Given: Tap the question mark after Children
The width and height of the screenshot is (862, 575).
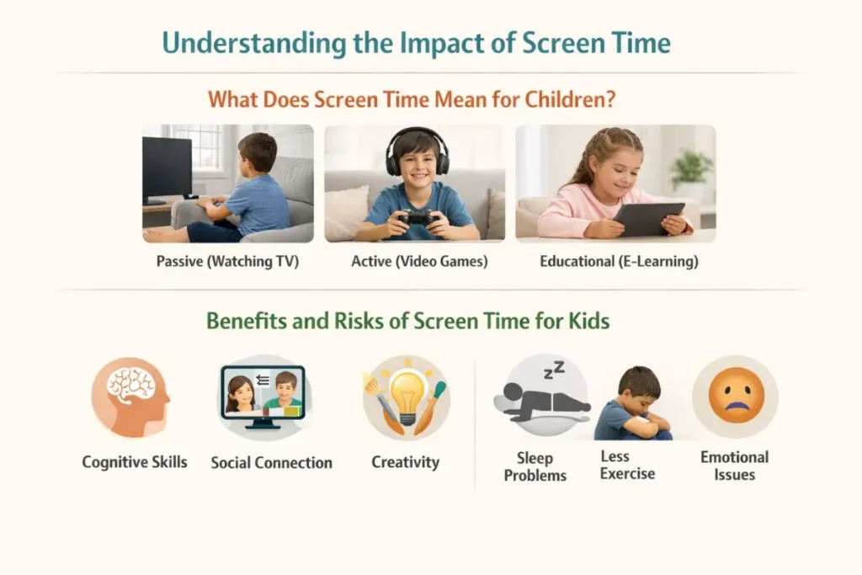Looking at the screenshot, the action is pos(609,99).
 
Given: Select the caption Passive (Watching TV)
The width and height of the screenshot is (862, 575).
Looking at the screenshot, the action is pos(227,261).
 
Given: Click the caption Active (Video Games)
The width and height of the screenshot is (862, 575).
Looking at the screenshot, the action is pos(419,261).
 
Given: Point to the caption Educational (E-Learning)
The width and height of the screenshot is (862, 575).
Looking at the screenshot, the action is pos(619,261).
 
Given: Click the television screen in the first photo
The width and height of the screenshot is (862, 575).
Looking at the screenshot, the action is pos(168,168).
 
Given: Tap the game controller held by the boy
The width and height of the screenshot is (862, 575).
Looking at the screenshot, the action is pos(419,218).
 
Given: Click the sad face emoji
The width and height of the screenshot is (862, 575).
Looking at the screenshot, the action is pos(736,396).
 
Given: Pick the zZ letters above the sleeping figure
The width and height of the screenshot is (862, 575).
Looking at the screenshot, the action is pos(554,370).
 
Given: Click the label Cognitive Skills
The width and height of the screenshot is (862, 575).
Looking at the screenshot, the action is pos(135,462).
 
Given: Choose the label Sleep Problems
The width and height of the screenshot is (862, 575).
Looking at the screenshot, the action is pos(535,466).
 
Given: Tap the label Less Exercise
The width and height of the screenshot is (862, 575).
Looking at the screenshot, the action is pos(627,465).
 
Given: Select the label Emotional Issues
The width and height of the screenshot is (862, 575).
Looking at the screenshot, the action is pos(734,466).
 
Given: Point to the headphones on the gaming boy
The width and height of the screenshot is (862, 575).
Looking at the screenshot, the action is pos(418,150).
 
